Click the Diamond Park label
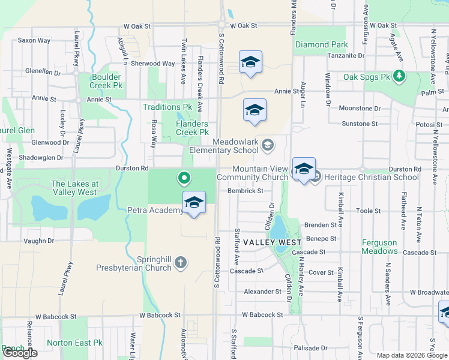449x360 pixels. coord(321,44)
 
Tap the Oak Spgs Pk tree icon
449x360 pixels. coord(399,76)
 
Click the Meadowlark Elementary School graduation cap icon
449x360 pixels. coord(268,145)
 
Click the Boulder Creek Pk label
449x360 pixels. coord(106,81)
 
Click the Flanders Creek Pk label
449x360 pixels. coord(192,127)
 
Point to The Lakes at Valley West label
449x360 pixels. coord(74,188)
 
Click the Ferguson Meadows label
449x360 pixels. coord(379,247)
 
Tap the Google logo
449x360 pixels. coord(20,353)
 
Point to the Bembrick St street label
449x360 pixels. coord(246,191)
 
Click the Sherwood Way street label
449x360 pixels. coord(153,63)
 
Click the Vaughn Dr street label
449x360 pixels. coord(39,241)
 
